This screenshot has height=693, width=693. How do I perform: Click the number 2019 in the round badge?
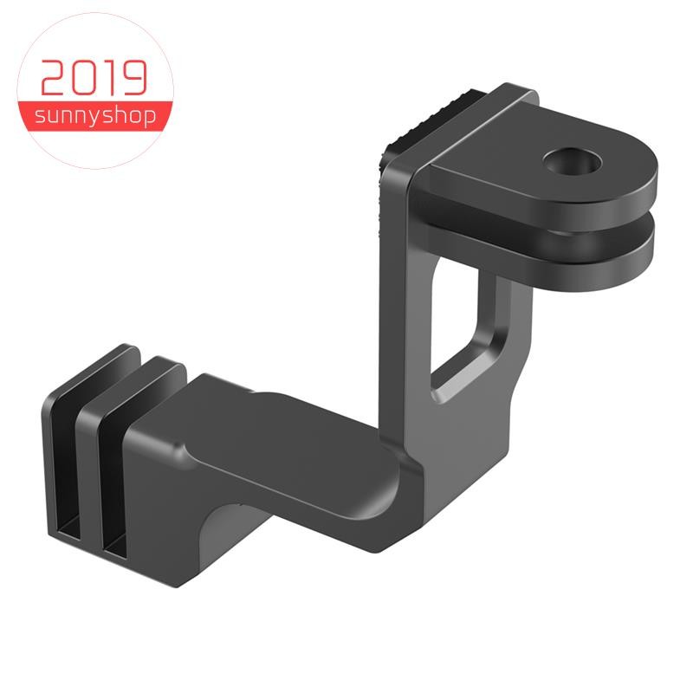[x=94, y=78]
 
